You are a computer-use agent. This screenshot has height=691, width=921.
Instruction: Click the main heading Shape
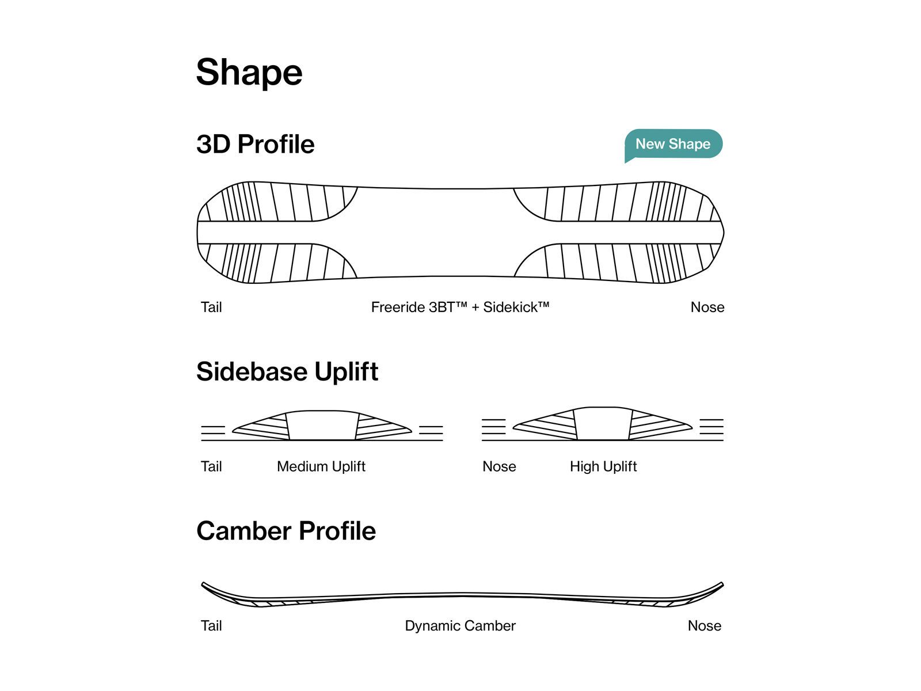249,73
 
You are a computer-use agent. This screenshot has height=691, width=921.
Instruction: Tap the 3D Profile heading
255,144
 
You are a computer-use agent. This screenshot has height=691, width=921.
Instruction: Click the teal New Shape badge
673,144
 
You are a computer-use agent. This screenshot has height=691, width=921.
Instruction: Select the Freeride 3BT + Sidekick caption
460,307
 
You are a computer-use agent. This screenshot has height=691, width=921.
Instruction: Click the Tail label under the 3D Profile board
211,307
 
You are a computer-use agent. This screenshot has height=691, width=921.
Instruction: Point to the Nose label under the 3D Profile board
707,307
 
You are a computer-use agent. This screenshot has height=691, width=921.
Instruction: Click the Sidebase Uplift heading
287,371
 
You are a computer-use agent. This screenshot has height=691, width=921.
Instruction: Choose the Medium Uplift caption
321,466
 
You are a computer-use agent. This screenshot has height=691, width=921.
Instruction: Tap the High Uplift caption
603,466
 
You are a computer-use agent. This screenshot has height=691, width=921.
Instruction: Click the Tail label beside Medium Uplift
211,466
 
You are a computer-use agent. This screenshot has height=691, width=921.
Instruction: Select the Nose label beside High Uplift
499,466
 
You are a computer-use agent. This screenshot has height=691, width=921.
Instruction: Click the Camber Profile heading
286,531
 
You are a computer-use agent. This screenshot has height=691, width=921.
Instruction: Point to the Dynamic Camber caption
460,626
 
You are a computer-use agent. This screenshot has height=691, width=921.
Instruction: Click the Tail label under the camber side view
211,626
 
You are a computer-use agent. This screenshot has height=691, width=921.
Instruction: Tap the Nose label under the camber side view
704,626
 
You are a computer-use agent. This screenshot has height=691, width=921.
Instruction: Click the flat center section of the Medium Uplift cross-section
322,426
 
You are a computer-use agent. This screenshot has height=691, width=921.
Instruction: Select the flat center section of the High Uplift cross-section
603,424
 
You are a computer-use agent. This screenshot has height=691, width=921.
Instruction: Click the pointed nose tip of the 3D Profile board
722,233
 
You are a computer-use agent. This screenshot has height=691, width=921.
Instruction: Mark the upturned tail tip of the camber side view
204,584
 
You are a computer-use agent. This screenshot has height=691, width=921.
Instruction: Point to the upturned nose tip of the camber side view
721,584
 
